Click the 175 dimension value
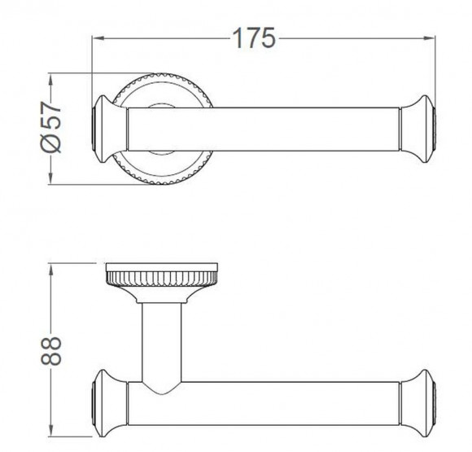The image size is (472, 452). tap(254, 38)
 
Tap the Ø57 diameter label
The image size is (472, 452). tap(51, 127)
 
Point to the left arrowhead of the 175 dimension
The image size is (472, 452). tap(98, 38)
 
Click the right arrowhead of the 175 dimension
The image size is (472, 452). tap(429, 38)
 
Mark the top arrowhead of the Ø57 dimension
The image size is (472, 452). tap(51, 80)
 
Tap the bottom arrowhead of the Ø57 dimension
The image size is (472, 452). tap(51, 177)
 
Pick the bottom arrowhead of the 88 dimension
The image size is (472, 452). tap(51, 429)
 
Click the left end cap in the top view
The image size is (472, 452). tap(109, 129)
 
